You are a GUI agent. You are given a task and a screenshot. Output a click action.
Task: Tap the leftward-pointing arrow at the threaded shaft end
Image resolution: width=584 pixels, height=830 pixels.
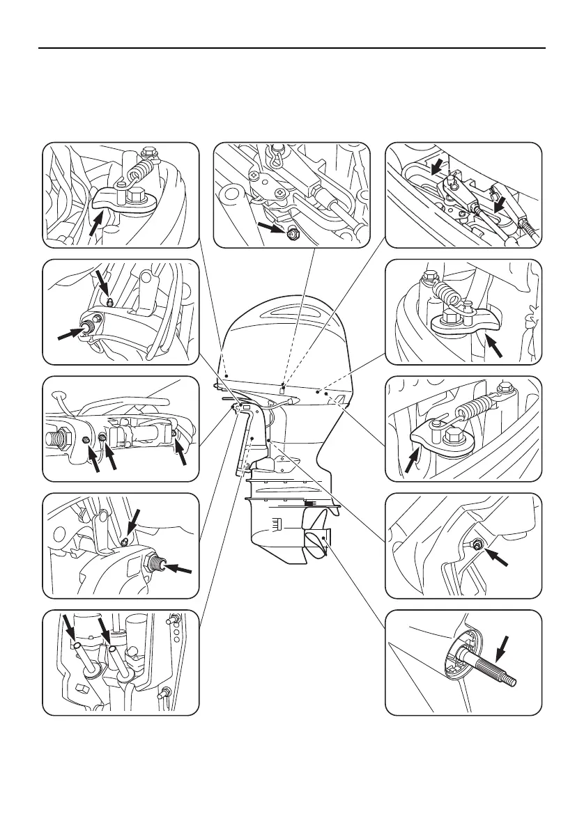[178, 570]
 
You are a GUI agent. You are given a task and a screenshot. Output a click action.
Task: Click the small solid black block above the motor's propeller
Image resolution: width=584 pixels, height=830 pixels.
[315, 501]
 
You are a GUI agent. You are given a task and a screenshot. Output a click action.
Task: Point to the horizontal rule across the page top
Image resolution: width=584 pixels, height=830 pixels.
[292, 48]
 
